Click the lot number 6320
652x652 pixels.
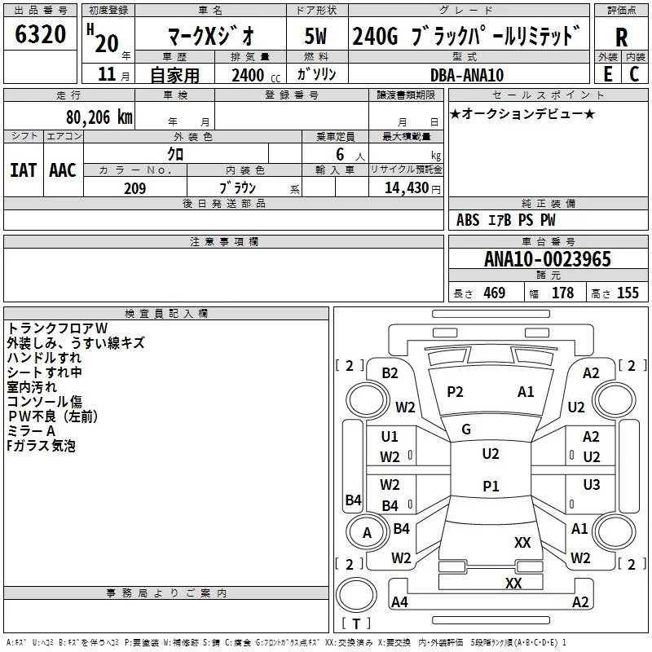pyautogui.click(x=40, y=34)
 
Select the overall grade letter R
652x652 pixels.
pyautogui.click(x=621, y=37)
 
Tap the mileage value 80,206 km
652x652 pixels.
pyautogui.click(x=99, y=117)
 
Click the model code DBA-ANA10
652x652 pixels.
pyautogui.click(x=467, y=75)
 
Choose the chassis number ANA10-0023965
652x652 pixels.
pyautogui.click(x=548, y=259)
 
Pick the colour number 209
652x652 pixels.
pyautogui.click(x=134, y=188)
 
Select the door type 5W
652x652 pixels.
pyautogui.click(x=315, y=36)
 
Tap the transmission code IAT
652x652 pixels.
pyautogui.click(x=24, y=170)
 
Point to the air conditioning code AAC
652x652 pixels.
pyautogui.click(x=63, y=170)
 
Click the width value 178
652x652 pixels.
pyautogui.click(x=562, y=293)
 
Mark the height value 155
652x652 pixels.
pyautogui.click(x=628, y=293)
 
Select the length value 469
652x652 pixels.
pyautogui.click(x=495, y=293)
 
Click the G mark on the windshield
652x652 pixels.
pyautogui.click(x=466, y=430)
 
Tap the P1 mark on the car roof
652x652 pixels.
pyautogui.click(x=491, y=486)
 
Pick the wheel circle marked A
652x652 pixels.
pyautogui.click(x=367, y=532)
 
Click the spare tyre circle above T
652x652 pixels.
pyautogui.click(x=356, y=595)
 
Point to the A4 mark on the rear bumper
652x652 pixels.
pyautogui.click(x=399, y=601)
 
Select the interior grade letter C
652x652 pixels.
pyautogui.click(x=634, y=74)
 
